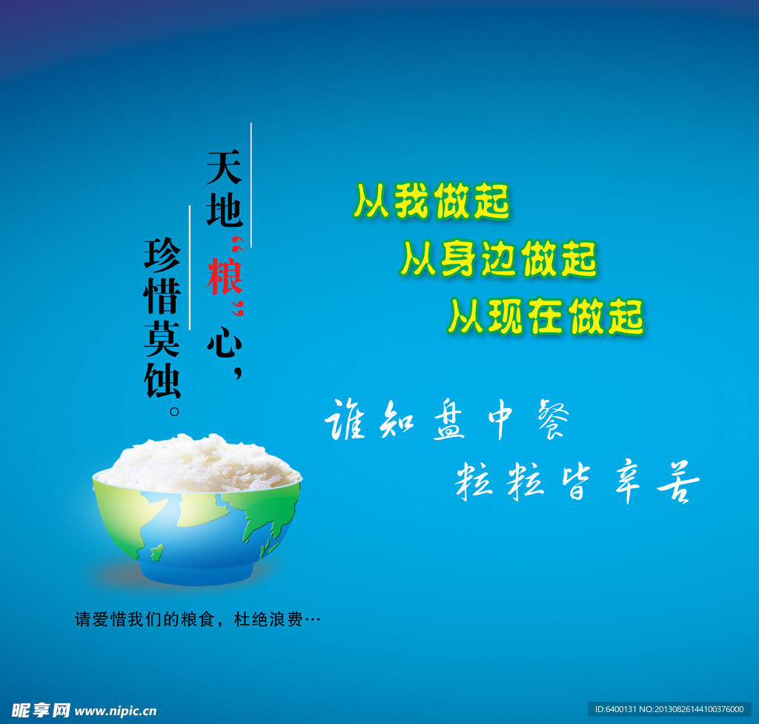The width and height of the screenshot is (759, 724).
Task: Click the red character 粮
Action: pyautogui.click(x=224, y=276)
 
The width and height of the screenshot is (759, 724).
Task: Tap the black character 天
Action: pyautogui.click(x=224, y=167)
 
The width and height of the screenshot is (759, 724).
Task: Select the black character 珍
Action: pyautogui.click(x=162, y=254)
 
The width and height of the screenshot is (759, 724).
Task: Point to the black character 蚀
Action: pyautogui.click(x=162, y=381)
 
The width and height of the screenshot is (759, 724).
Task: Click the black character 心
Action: pyautogui.click(x=224, y=342)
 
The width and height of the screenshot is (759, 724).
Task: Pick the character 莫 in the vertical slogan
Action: pyautogui.click(x=162, y=338)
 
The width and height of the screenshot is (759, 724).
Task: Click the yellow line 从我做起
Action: pyautogui.click(x=431, y=201)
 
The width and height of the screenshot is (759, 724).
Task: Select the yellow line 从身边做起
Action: pyautogui.click(x=499, y=258)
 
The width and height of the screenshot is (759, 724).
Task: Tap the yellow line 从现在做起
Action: pyautogui.click(x=546, y=317)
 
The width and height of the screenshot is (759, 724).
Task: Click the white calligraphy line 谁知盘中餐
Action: pyautogui.click(x=447, y=420)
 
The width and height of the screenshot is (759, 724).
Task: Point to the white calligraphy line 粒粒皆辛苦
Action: pyautogui.click(x=577, y=481)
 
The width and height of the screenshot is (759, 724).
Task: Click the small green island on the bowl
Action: pyautogui.click(x=157, y=551)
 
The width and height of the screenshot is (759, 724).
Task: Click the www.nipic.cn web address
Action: pyautogui.click(x=116, y=711)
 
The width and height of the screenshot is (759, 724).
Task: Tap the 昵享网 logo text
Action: pyautogui.click(x=41, y=711)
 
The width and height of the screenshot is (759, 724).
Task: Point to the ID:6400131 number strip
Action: pyautogui.click(x=669, y=709)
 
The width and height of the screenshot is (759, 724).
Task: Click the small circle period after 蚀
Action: pyautogui.click(x=175, y=412)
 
